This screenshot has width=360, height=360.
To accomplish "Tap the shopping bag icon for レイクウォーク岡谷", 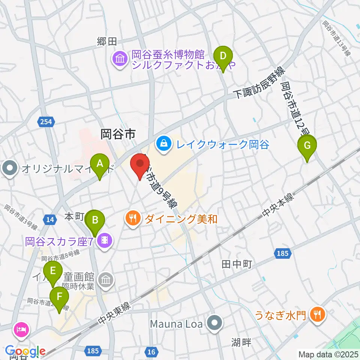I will click(x=163, y=143).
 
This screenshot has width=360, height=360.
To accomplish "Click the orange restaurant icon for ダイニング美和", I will click(x=132, y=219).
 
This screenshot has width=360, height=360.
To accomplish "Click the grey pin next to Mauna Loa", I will click(x=215, y=323).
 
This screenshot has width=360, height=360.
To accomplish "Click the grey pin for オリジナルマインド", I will click(x=9, y=168).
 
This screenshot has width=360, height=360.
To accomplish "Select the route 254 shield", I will click(x=46, y=121).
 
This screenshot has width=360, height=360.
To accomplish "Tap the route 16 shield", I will click(x=151, y=351).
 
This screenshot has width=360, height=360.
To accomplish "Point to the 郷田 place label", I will click(x=107, y=42).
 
